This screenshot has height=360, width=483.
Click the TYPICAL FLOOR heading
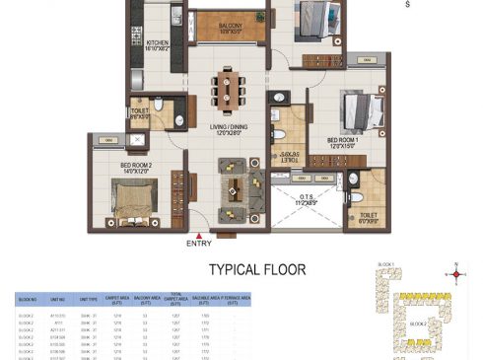click(x=256, y=268)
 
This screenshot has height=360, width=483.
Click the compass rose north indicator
click(x=456, y=275)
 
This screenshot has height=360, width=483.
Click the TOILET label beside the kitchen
click(x=141, y=112)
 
